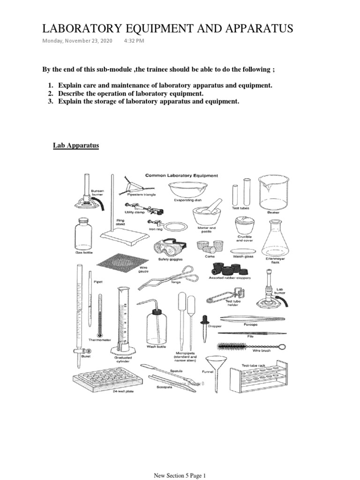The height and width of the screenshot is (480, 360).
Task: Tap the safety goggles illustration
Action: [x=169, y=247]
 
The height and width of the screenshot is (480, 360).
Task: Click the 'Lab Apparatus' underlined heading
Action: [x=75, y=145]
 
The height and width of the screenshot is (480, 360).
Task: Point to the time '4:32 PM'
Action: [x=134, y=41]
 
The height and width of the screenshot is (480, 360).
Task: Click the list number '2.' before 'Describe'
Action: [x=50, y=93]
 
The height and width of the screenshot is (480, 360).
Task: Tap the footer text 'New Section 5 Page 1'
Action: [x=180, y=476]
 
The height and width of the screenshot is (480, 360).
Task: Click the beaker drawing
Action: [x=273, y=192]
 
